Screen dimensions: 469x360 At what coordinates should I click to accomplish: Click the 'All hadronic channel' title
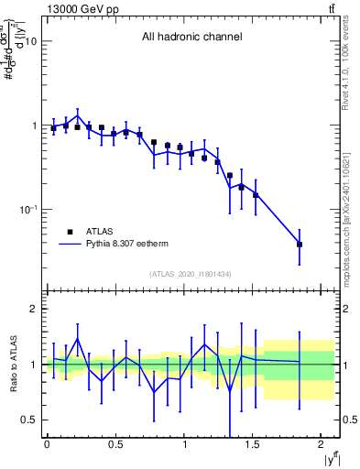tap(191, 38)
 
